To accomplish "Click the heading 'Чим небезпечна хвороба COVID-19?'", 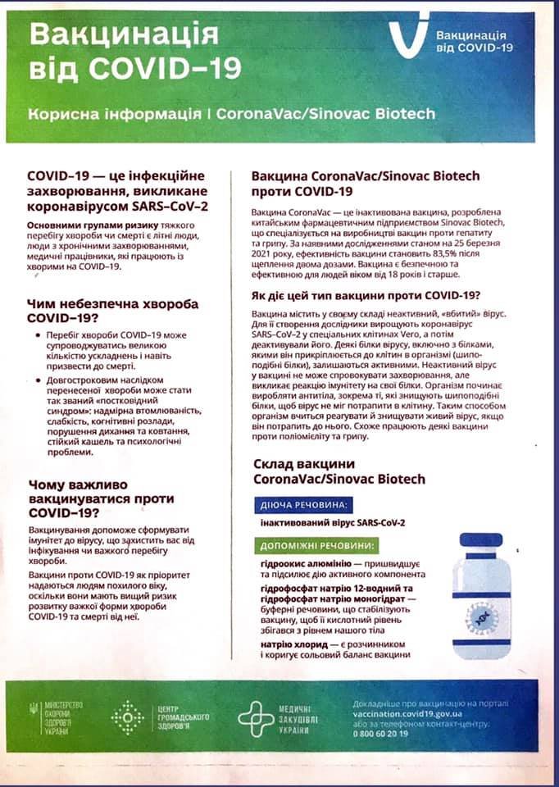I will point(113,312).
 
